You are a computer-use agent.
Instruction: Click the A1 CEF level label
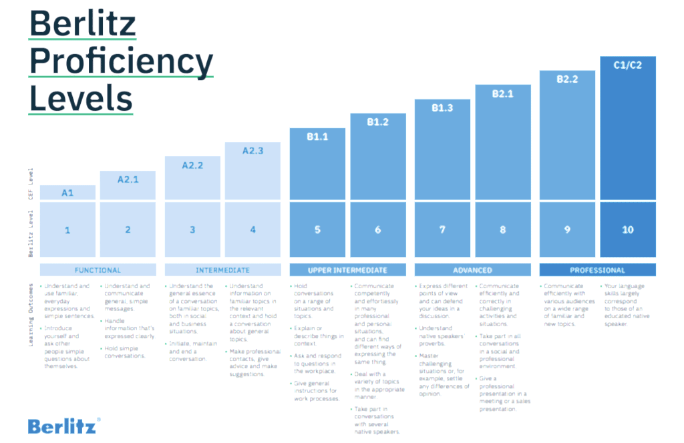click(67, 193)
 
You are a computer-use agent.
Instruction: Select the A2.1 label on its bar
click(128, 179)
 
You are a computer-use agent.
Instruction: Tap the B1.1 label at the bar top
click(317, 136)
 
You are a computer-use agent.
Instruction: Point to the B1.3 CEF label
click(442, 107)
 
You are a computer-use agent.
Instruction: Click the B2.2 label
click(567, 79)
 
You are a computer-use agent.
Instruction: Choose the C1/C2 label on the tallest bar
click(627, 65)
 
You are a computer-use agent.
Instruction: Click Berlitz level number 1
click(67, 230)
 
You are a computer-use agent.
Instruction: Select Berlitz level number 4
click(252, 230)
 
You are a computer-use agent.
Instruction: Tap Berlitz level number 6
click(378, 230)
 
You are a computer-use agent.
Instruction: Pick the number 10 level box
click(627, 230)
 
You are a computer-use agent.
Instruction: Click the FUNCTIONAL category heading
click(98, 270)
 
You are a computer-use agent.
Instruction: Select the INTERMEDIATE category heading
click(223, 270)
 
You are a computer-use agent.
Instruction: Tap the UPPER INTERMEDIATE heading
click(347, 270)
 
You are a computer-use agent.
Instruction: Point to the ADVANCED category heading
click(472, 270)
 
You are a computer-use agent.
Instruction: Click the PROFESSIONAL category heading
click(597, 270)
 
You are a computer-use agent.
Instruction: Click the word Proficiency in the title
click(121, 62)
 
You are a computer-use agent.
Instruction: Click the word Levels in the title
click(81, 98)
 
